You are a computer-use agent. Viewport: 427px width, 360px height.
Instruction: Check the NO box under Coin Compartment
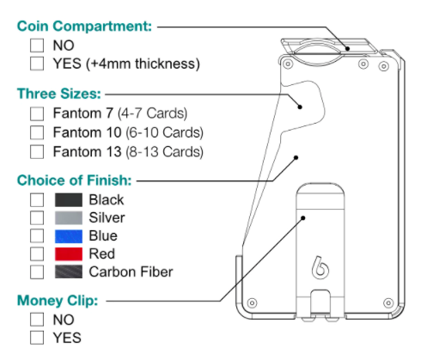(x=37, y=46)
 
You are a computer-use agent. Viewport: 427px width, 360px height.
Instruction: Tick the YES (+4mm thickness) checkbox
(x=37, y=64)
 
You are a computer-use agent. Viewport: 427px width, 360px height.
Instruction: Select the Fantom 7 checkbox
(x=37, y=113)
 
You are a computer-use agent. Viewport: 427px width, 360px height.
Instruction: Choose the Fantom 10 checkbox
(x=37, y=132)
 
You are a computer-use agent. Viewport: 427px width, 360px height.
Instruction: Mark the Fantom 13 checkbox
(x=37, y=151)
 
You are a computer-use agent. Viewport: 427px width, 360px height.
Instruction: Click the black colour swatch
(x=69, y=199)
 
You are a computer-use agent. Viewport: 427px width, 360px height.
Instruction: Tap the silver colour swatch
(x=69, y=217)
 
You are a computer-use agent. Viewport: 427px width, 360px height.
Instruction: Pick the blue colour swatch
(x=69, y=236)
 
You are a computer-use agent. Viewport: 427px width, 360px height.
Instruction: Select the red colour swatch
(x=69, y=253)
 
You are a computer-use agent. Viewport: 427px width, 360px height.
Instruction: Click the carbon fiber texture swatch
(x=69, y=272)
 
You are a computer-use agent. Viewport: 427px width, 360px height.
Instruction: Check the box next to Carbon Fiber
(x=37, y=272)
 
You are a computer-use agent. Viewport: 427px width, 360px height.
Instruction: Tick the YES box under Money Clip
(x=37, y=338)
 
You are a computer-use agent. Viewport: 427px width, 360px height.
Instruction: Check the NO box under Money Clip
(x=37, y=320)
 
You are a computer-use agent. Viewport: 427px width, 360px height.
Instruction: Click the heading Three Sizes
(x=59, y=94)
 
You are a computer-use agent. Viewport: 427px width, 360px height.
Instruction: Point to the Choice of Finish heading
(x=75, y=180)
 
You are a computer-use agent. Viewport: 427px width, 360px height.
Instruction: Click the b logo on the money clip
(x=320, y=267)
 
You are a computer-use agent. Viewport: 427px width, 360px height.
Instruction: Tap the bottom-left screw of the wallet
(x=252, y=302)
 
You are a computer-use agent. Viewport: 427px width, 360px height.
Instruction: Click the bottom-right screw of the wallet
(x=388, y=302)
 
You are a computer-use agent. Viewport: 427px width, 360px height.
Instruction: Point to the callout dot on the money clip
(x=303, y=218)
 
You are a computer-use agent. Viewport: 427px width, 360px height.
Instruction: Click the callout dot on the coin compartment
(x=347, y=48)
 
